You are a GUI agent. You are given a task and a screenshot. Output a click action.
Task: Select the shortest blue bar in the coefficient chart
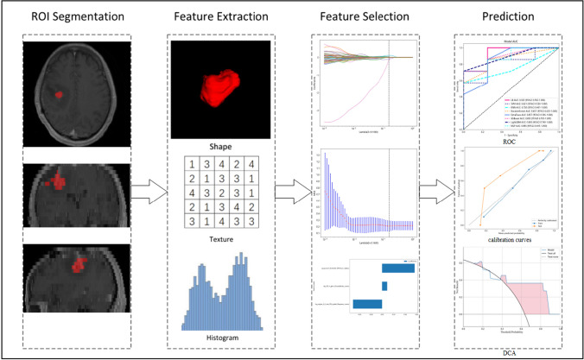point(384,286)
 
